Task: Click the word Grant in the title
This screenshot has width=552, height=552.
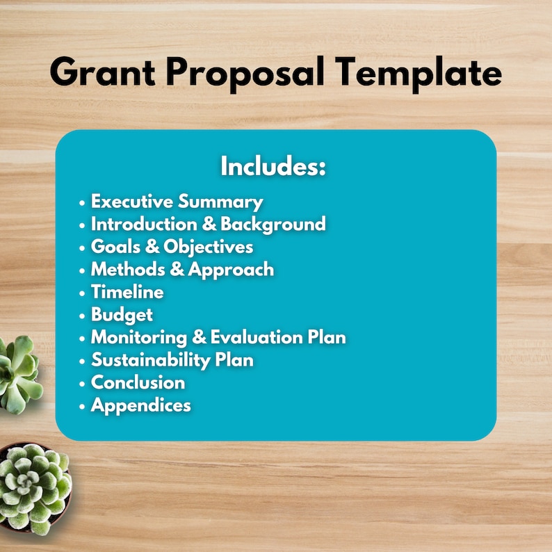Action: tap(102, 72)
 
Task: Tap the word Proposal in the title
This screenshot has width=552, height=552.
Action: tap(245, 74)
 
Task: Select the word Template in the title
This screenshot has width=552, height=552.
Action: tap(418, 74)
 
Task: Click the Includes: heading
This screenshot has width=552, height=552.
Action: tap(273, 166)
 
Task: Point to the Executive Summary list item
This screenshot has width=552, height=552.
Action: tap(177, 202)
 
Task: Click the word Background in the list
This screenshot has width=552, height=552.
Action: tap(273, 225)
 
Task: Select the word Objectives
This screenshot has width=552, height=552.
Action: tap(208, 247)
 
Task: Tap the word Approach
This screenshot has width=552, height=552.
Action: tap(231, 270)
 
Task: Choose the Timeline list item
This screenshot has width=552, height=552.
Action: tap(127, 292)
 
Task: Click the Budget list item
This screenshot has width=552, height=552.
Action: tap(122, 315)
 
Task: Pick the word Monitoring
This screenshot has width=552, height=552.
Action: tap(139, 338)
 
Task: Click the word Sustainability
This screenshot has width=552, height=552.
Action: tap(151, 360)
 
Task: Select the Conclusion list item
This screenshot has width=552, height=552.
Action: tap(138, 382)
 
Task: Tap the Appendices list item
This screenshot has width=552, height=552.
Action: tap(141, 405)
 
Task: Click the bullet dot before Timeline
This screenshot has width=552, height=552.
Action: tap(82, 293)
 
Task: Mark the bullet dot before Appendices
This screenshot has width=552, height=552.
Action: tap(82, 407)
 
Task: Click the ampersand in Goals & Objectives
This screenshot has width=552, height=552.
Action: tap(152, 246)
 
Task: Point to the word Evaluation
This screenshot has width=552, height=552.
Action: tap(257, 337)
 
